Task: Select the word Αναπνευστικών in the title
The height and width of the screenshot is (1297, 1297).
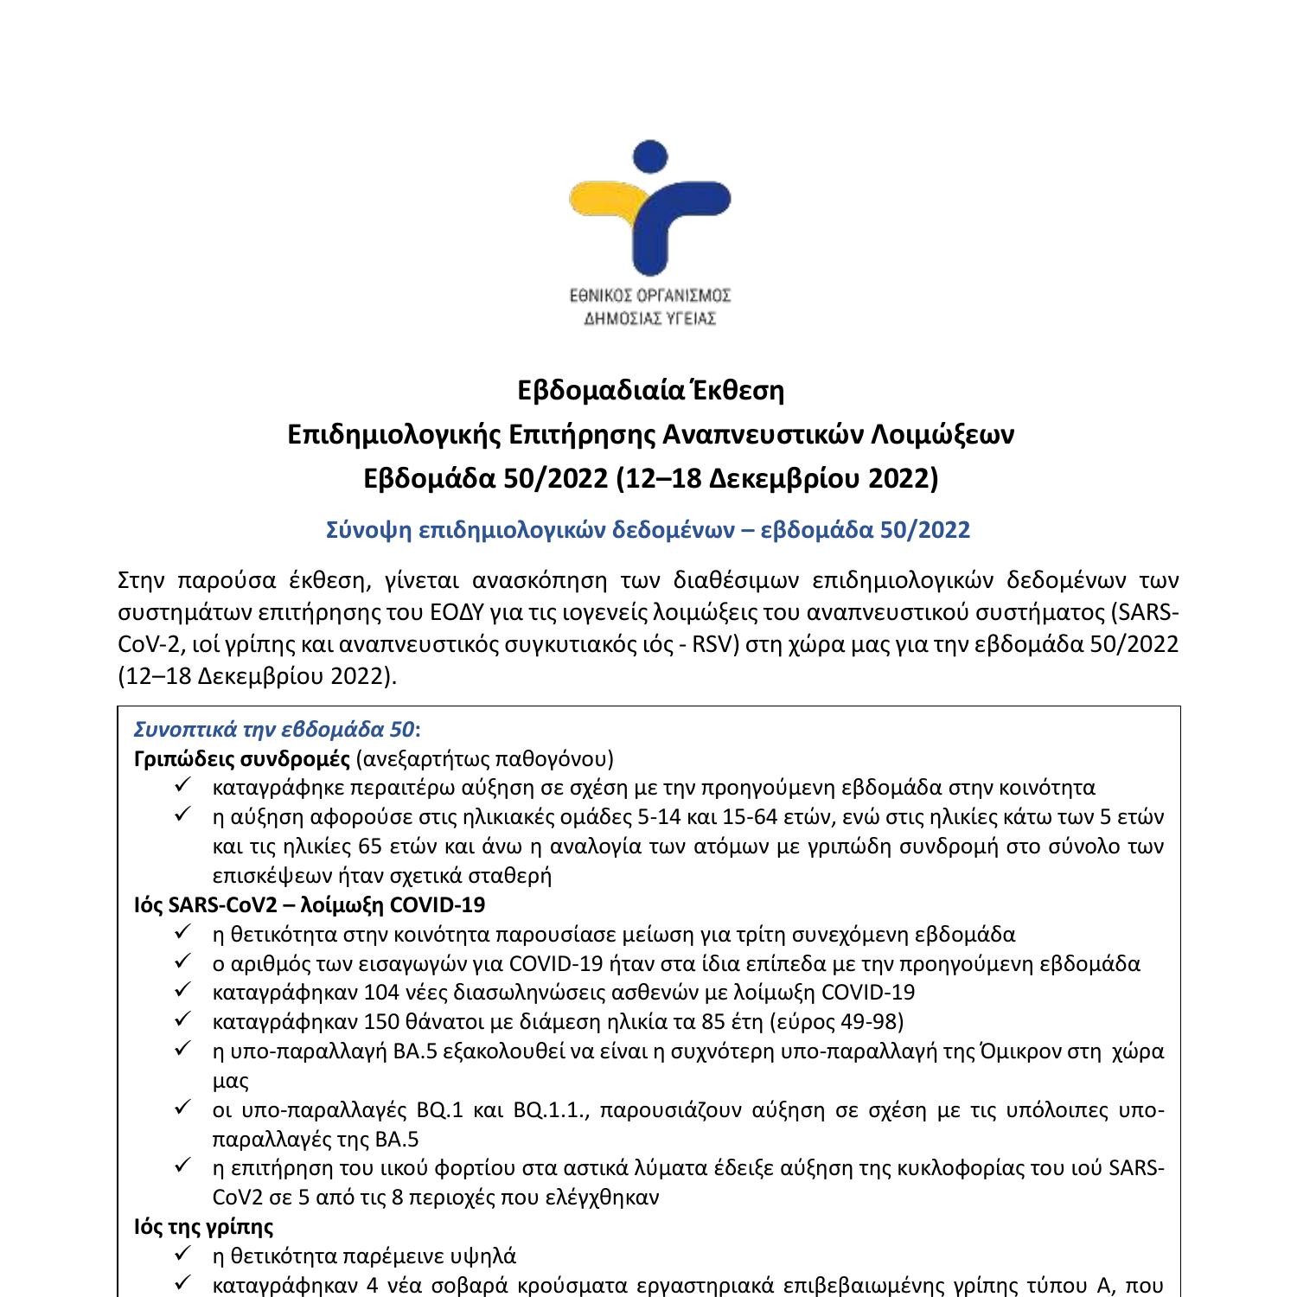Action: pyautogui.click(x=768, y=434)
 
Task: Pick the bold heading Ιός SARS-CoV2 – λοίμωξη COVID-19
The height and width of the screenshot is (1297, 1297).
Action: pyautogui.click(x=310, y=904)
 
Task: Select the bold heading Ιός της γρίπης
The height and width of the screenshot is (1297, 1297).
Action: pyautogui.click(x=204, y=1226)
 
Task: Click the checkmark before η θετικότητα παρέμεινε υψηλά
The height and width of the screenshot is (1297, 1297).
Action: pyautogui.click(x=182, y=1255)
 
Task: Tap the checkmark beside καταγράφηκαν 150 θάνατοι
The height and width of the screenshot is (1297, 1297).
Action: pyautogui.click(x=182, y=1021)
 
